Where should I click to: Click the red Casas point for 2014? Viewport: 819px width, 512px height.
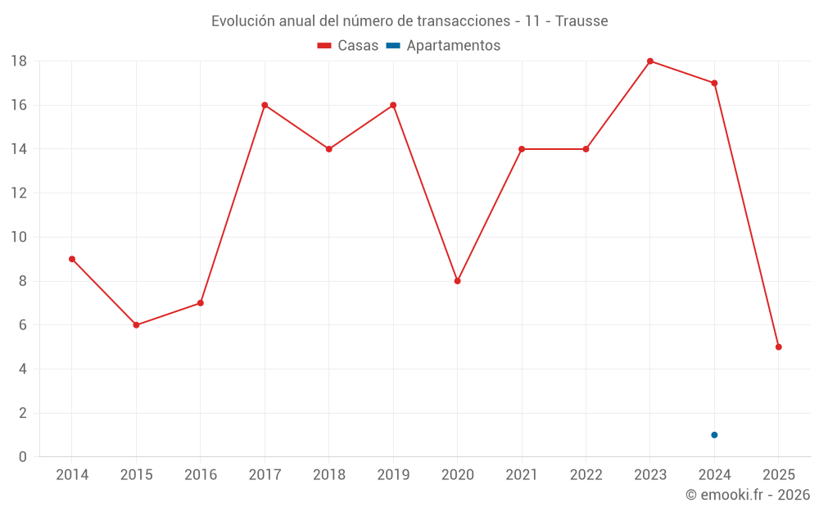(72, 259)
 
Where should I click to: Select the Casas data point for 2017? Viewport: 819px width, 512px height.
(265, 105)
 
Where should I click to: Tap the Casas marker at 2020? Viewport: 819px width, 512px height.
(458, 281)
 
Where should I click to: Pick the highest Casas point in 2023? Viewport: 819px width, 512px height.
(650, 61)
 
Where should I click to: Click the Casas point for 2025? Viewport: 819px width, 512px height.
(779, 347)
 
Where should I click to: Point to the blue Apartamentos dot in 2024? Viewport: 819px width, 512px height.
(714, 435)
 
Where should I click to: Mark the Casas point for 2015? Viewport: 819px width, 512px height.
(136, 325)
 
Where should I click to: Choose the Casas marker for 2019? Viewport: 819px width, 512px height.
(393, 105)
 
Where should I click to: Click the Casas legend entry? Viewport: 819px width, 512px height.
(348, 46)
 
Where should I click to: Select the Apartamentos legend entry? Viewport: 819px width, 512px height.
(443, 46)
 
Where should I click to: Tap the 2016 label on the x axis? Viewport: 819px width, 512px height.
(201, 475)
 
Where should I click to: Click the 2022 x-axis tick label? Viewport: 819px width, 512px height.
(586, 475)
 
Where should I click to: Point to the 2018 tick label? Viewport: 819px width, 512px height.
(329, 475)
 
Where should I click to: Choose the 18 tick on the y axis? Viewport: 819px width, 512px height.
(19, 61)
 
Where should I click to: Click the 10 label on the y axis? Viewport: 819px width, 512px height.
(19, 238)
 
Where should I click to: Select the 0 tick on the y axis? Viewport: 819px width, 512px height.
(23, 457)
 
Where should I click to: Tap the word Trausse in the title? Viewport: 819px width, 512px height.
(581, 21)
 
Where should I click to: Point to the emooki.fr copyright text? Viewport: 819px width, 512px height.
(747, 495)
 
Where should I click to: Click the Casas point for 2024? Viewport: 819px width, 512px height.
(714, 84)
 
